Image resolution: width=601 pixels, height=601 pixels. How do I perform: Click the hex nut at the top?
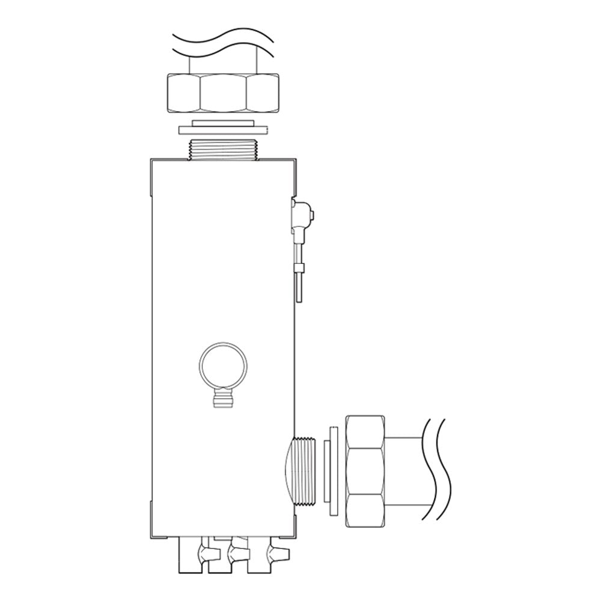pyautogui.click(x=223, y=93)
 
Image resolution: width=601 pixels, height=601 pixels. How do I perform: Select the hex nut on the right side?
pyautogui.click(x=365, y=470)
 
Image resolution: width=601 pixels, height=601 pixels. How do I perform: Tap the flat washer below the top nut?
pyautogui.click(x=222, y=129)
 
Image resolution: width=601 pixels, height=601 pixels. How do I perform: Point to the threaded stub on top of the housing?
pyautogui.click(x=222, y=148)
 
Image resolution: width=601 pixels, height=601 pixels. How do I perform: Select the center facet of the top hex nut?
pyautogui.click(x=223, y=93)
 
